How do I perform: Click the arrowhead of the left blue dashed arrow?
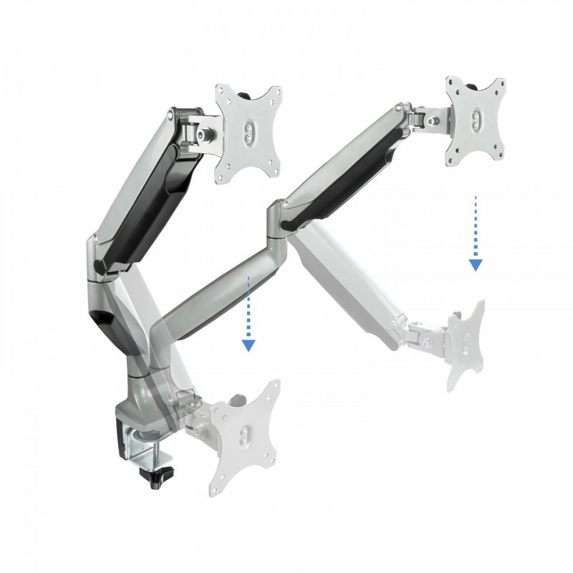coord(249,345)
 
